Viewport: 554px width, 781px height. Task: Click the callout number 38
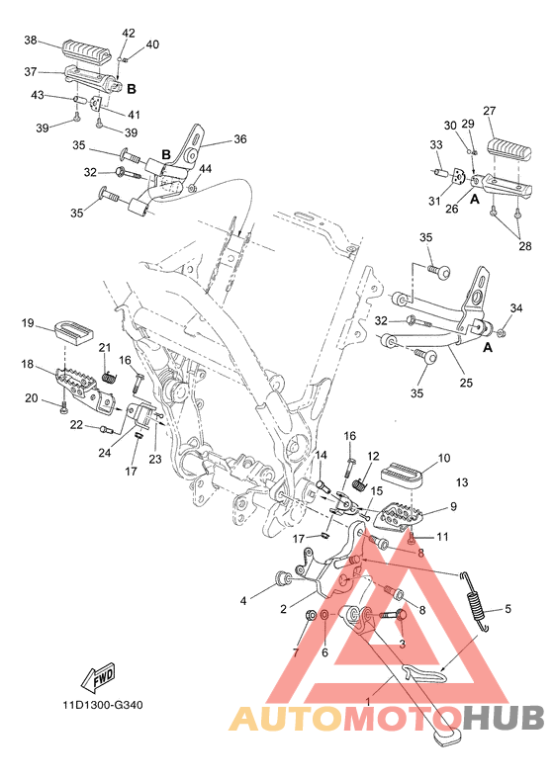coord(31,40)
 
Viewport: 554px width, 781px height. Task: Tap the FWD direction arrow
coord(98,677)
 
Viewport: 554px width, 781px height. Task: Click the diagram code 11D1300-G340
coord(103,705)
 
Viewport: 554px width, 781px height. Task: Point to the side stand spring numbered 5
coord(474,601)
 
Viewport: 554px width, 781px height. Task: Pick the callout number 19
coord(28,322)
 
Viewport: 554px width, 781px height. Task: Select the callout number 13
coord(462,482)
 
